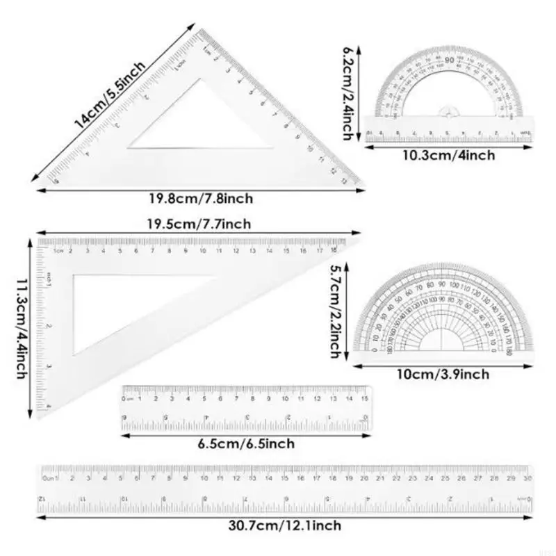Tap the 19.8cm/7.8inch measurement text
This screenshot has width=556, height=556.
199,199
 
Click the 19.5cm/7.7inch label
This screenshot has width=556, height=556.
199,223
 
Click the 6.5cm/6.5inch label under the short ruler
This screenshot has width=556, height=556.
246,443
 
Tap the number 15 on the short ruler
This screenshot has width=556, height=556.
364,399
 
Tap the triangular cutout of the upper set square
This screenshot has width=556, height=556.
208,122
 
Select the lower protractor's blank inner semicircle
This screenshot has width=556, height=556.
443,341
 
